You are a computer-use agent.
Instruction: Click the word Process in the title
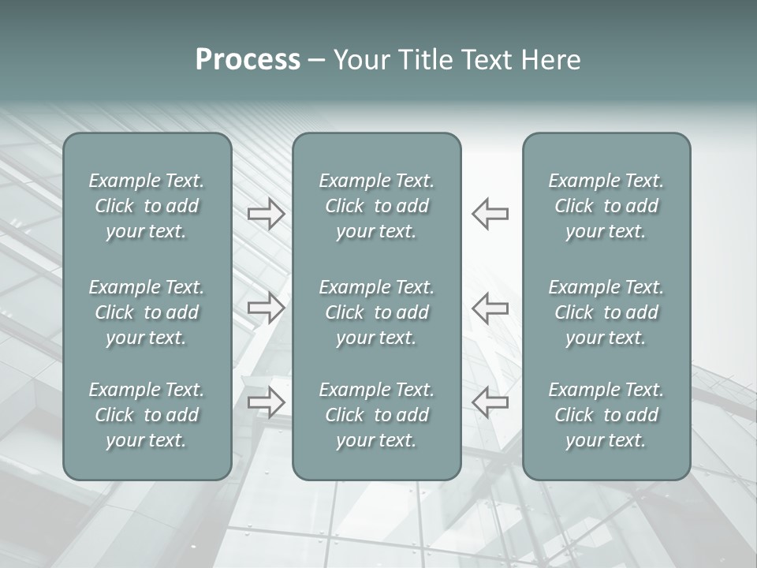click(248, 60)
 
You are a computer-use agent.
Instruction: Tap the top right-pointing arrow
click(266, 214)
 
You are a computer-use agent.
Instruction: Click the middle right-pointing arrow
click(266, 308)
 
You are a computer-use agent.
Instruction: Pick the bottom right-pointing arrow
click(266, 402)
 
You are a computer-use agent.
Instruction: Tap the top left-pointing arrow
click(490, 214)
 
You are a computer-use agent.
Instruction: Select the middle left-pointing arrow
click(490, 308)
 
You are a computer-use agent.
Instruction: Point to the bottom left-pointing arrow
click(490, 402)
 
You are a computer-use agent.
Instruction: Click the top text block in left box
click(147, 206)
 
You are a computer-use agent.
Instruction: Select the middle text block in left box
click(147, 312)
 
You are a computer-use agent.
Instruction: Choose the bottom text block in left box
click(147, 415)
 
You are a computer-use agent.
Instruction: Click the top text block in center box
click(376, 206)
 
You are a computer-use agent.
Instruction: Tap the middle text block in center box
click(376, 312)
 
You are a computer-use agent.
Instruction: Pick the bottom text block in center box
click(376, 415)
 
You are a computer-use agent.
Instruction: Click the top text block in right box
click(606, 206)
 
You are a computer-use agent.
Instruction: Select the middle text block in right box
click(606, 312)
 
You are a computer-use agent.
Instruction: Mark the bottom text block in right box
click(606, 415)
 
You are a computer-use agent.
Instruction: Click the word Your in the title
click(362, 60)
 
